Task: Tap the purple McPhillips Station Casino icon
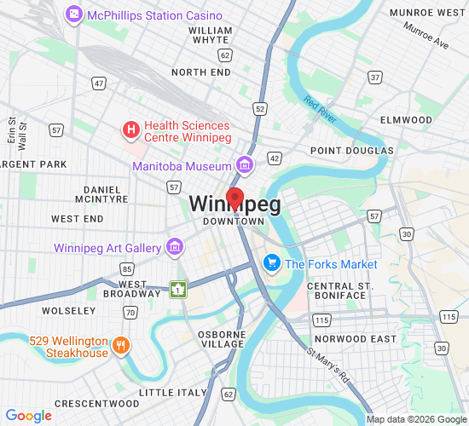tap(75, 15)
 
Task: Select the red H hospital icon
tap(130, 130)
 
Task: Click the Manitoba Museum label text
tap(182, 166)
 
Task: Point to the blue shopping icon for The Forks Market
tap(272, 263)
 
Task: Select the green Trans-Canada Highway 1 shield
tap(177, 290)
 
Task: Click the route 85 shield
tap(126, 269)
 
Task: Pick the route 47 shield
tap(100, 83)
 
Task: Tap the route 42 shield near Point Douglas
tap(274, 158)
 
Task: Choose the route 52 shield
tap(259, 109)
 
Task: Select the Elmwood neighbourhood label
tap(406, 120)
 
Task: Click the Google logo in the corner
tap(28, 416)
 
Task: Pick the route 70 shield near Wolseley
tap(130, 313)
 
